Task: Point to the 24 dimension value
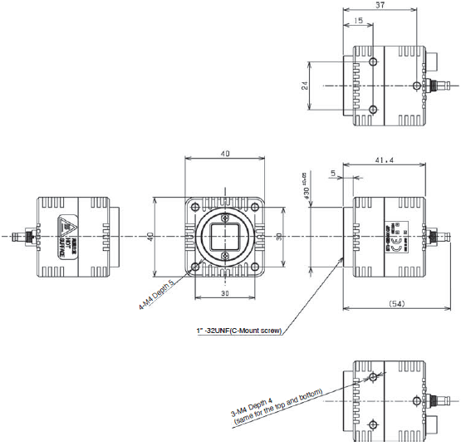pos(305,85)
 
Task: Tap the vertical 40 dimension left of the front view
pos(150,237)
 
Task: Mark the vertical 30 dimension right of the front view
pos(279,237)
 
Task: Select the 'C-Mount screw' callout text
pos(240,331)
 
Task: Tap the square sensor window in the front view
pos(226,238)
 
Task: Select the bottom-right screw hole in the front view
pos(256,267)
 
